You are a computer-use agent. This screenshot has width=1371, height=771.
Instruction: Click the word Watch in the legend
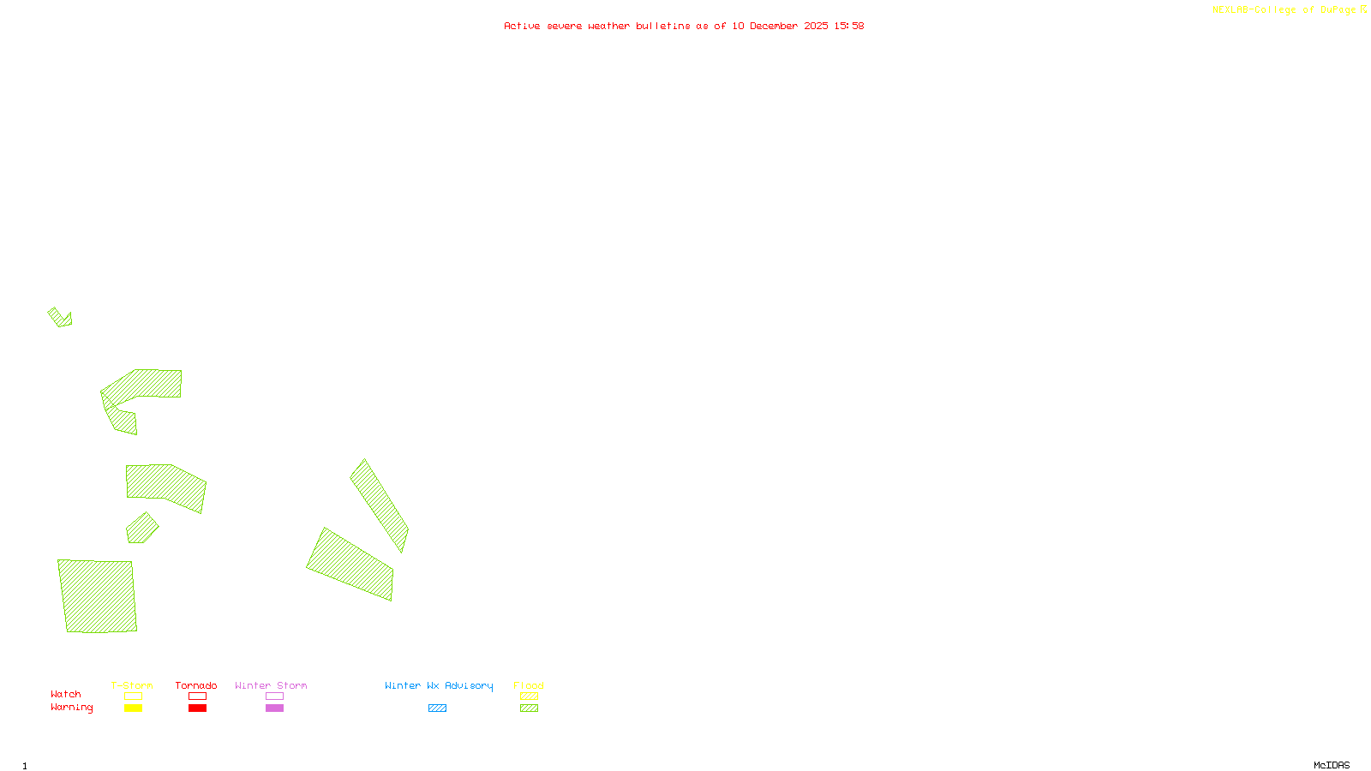(x=66, y=695)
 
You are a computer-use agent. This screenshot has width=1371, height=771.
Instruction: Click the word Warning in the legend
(x=72, y=708)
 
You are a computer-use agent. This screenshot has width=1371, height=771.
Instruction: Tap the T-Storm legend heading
(x=132, y=685)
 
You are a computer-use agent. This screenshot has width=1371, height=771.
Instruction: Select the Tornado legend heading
(x=196, y=685)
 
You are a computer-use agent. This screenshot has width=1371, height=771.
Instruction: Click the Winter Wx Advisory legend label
(x=439, y=685)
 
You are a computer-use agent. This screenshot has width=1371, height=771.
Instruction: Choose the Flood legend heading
(x=529, y=685)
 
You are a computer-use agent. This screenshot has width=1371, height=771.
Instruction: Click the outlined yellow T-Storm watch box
(x=133, y=696)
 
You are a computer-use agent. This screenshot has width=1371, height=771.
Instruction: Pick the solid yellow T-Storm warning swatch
(x=133, y=708)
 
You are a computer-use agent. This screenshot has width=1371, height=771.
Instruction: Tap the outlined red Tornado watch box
(x=197, y=696)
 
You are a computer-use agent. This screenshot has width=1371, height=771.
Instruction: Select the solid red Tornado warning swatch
(x=197, y=708)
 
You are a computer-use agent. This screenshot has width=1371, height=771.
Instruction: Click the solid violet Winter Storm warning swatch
(x=274, y=708)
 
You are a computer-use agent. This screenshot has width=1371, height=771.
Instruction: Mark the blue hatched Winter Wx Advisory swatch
(x=437, y=708)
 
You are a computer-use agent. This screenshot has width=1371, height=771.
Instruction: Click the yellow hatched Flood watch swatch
(x=529, y=696)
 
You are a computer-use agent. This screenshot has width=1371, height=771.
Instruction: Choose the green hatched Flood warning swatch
(x=529, y=708)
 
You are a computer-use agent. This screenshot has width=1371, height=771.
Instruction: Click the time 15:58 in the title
(x=849, y=26)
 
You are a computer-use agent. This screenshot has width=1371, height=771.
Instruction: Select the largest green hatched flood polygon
(x=98, y=596)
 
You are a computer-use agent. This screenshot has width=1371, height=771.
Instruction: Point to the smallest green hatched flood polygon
(x=60, y=318)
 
